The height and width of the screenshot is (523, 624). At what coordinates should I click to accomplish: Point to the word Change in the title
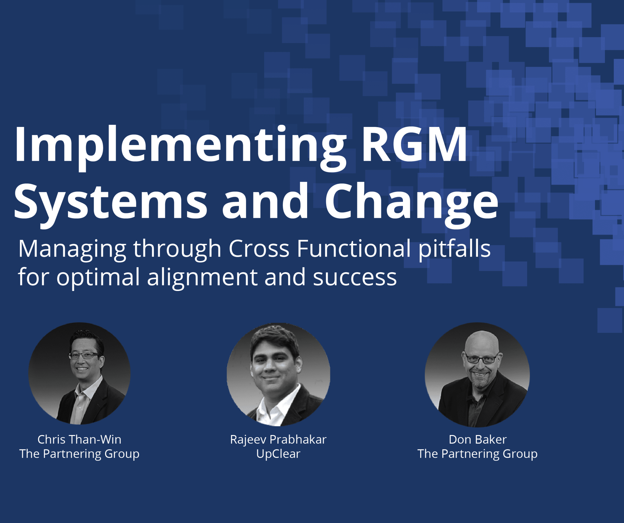pos(411,202)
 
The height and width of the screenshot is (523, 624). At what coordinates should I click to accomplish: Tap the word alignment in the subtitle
pos(202,277)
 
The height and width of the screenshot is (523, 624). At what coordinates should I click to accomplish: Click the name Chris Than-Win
pos(79,439)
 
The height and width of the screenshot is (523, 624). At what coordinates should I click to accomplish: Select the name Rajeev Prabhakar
pos(278,439)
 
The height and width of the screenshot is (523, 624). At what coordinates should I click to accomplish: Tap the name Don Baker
pos(478,439)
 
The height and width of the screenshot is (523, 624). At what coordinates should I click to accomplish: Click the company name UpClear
pos(278,454)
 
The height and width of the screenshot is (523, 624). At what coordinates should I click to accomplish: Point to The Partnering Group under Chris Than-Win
pos(79,454)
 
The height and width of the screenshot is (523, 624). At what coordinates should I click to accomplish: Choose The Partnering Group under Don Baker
pos(478,454)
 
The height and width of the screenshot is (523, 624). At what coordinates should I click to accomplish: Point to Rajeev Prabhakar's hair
pos(275,337)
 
